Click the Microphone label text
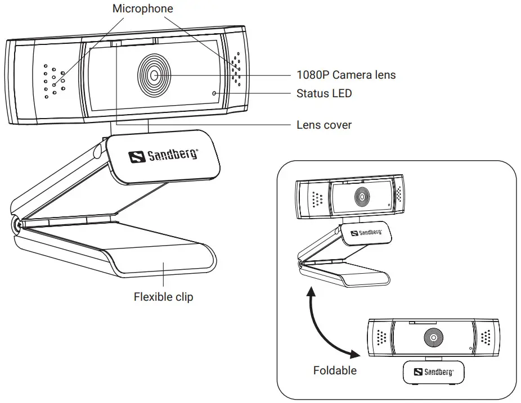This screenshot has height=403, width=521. tap(143, 8)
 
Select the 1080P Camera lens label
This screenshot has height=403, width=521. tap(345, 75)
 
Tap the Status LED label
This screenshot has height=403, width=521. tap(324, 93)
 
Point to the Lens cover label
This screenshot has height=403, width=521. tap(324, 125)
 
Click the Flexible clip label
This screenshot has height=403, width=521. tap(163, 296)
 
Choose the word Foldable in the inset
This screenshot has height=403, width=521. tap(335, 370)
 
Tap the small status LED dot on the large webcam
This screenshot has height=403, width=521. tap(214, 94)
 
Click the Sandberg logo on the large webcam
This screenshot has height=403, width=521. tap(163, 155)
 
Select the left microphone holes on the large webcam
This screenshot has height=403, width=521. tap(54, 81)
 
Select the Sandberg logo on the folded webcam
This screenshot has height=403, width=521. tap(433, 372)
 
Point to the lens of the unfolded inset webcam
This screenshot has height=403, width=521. tap(360, 196)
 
